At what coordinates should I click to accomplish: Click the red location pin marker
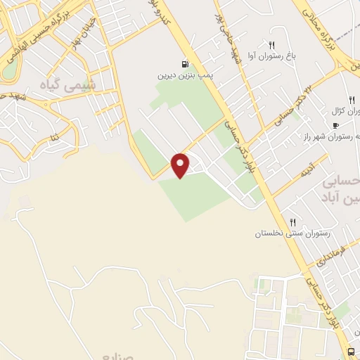pyautogui.click(x=181, y=165)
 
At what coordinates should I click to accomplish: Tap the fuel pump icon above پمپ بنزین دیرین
pyautogui.click(x=185, y=63)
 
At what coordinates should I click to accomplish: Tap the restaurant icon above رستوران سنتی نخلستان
pyautogui.click(x=292, y=221)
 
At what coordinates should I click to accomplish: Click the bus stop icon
pyautogui.click(x=351, y=352)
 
